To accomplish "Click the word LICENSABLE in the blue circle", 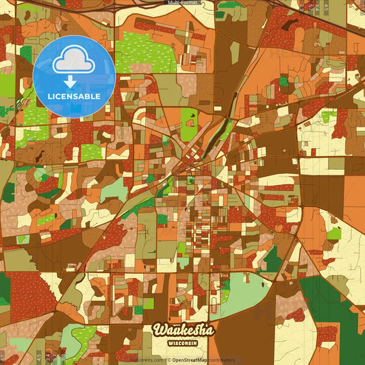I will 74,96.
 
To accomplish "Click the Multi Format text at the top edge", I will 183,3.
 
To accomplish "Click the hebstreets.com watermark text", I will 147,360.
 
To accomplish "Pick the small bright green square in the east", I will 333,234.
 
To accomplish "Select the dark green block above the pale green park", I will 272,258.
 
